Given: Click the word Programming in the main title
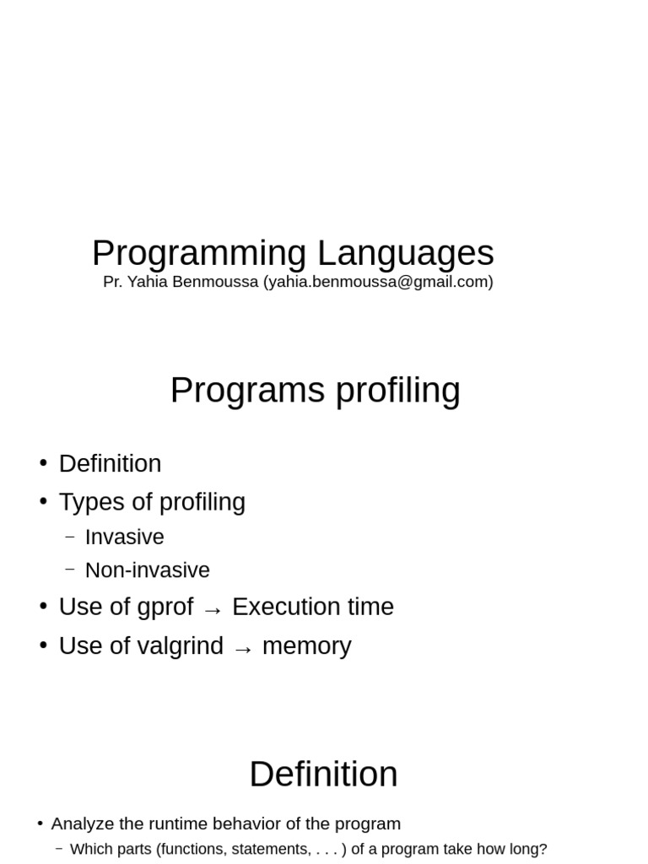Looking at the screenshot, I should (x=199, y=253).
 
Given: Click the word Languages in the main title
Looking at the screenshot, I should (x=405, y=253).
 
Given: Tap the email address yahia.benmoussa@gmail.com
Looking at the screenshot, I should (x=378, y=282).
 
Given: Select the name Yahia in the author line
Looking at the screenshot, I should (x=146, y=282).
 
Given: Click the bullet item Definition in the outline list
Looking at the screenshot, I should (x=110, y=463).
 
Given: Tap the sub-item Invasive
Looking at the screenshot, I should (x=124, y=537).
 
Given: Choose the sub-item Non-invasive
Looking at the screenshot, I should (x=147, y=570).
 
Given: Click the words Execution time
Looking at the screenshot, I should (x=312, y=607).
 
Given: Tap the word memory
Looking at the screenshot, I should (x=306, y=645).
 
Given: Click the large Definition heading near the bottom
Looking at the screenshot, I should (x=323, y=774).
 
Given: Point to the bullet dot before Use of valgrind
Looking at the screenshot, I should (x=43, y=645).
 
